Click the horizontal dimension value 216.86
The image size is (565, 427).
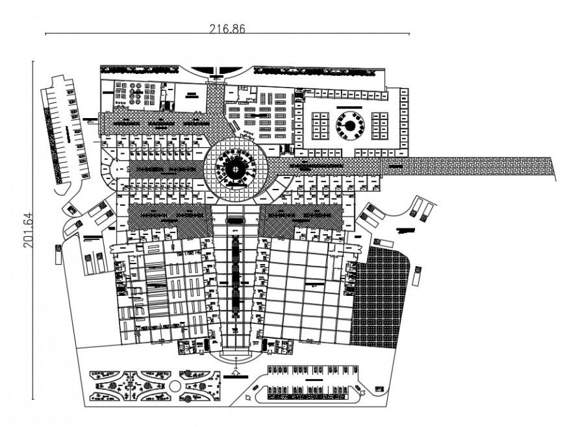coord(227,28)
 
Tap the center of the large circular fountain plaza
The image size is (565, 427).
coord(236,168)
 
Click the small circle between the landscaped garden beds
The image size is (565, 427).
coord(174,385)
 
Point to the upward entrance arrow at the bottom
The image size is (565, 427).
coord(236,374)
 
